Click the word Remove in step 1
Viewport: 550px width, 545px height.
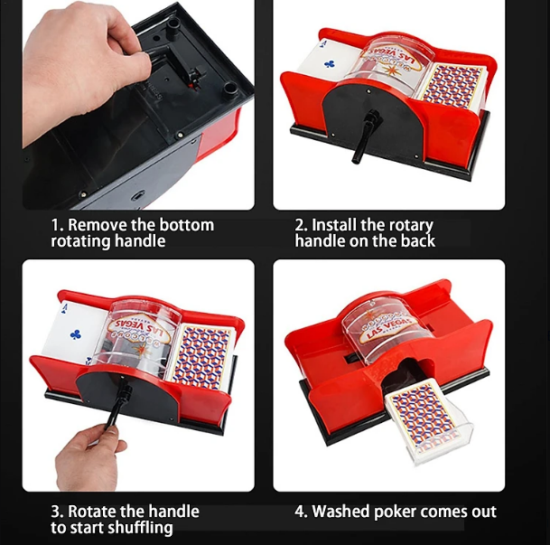[98, 224]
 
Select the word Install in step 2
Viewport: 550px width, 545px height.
[333, 224]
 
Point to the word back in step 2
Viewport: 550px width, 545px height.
[418, 240]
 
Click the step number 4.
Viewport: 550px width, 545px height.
[301, 512]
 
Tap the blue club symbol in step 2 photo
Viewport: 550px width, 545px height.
[330, 64]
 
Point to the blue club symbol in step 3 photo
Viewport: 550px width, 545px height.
[76, 334]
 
